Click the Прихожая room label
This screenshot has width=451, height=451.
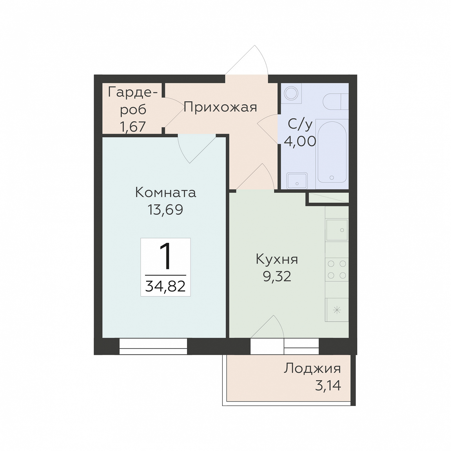click(x=220, y=107)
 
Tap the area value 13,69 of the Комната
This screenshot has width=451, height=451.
click(x=165, y=210)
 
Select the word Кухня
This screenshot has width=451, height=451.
click(x=277, y=259)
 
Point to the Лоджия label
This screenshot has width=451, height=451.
click(x=312, y=369)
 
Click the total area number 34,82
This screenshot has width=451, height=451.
click(x=165, y=286)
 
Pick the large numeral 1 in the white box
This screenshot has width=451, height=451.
click(x=166, y=256)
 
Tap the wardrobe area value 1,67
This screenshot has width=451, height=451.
click(x=133, y=127)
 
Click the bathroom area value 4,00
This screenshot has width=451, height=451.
click(x=300, y=141)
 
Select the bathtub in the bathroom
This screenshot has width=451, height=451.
click(x=332, y=152)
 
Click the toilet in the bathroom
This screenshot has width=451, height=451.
click(x=336, y=102)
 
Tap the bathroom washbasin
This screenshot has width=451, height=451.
click(x=297, y=181)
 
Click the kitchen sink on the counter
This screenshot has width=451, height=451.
click(x=337, y=230)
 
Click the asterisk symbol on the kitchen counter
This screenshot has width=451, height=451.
click(x=337, y=310)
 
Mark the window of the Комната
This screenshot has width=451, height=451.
click(x=153, y=346)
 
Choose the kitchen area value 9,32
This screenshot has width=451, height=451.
click(x=277, y=276)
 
